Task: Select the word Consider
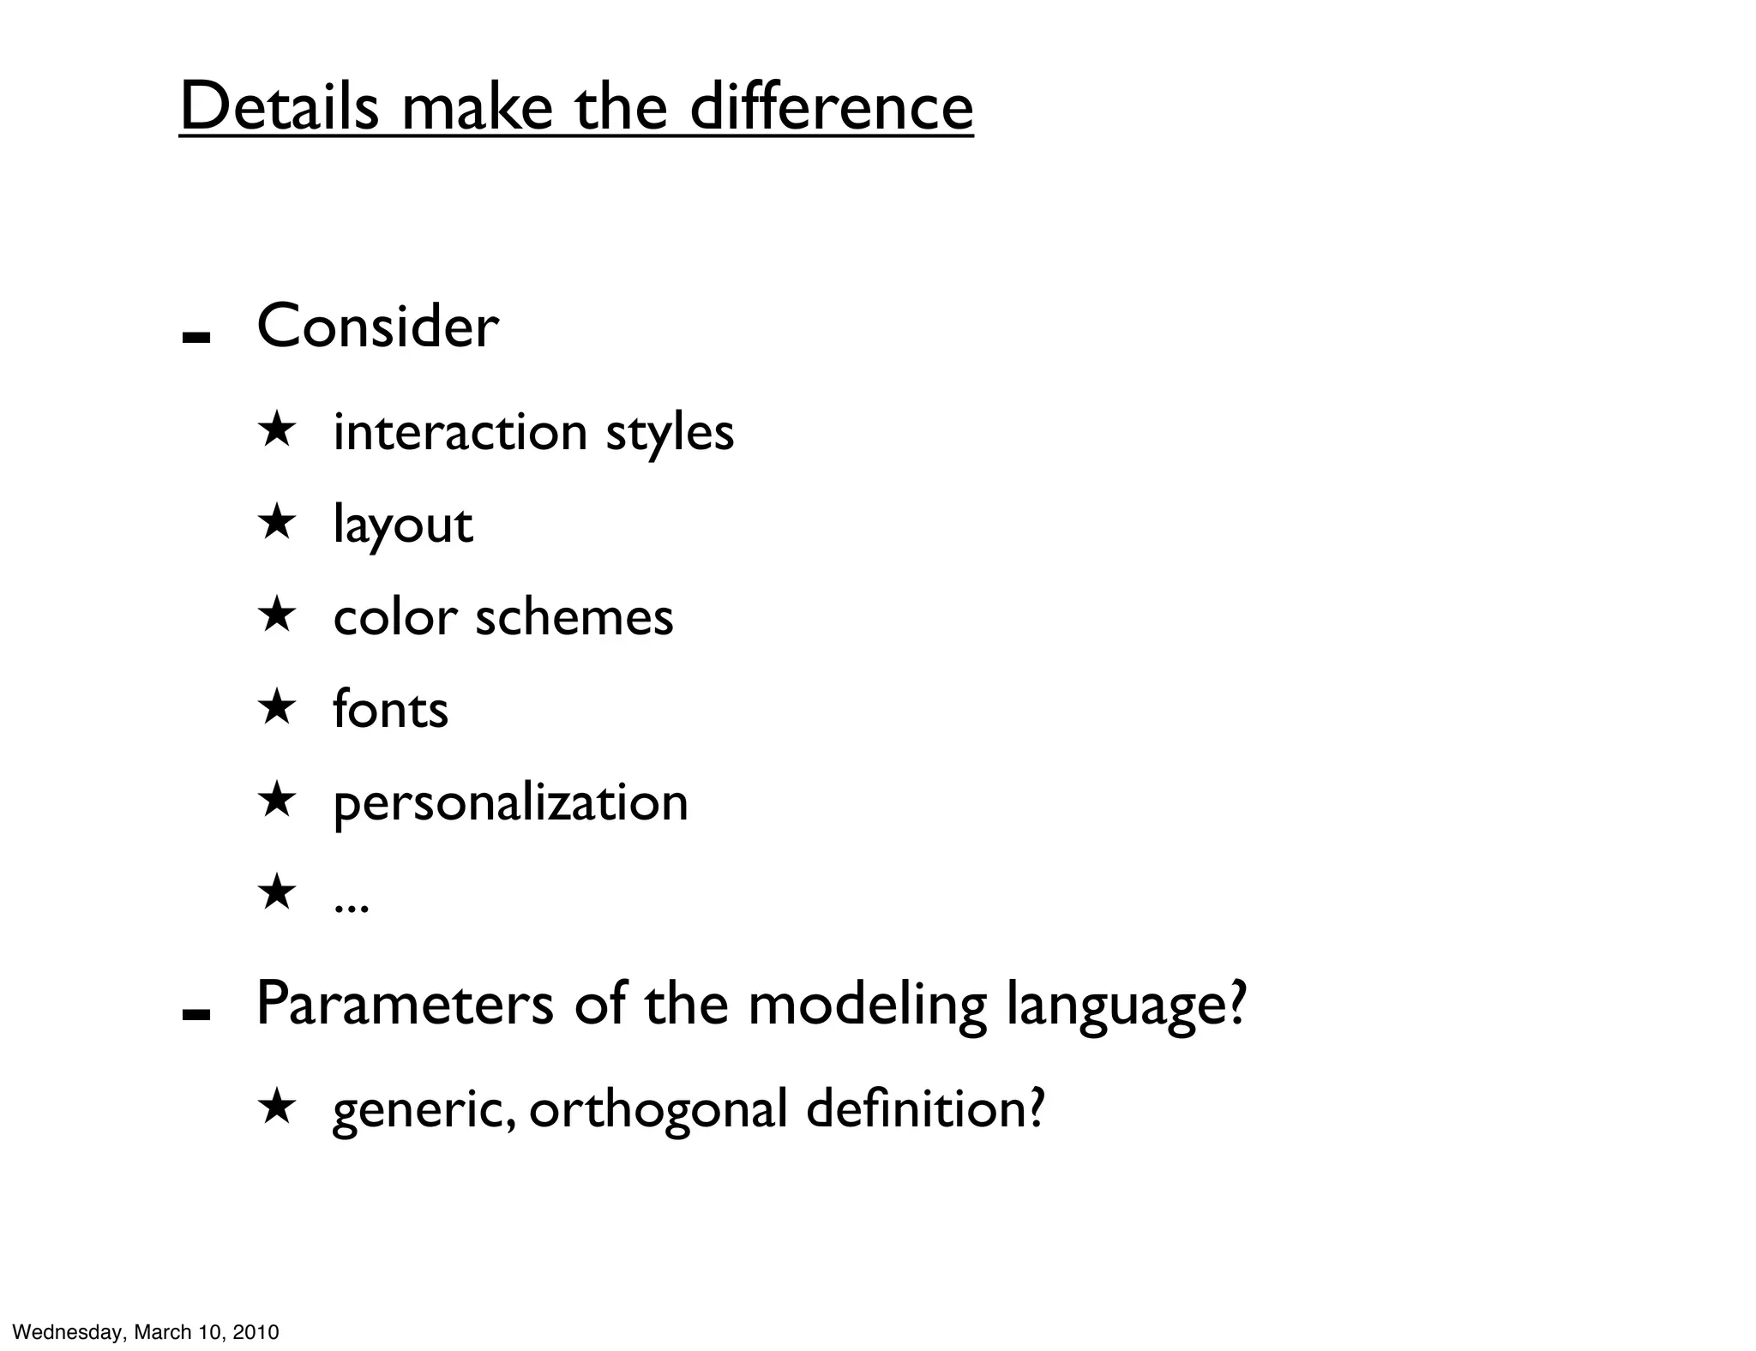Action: pyautogui.click(x=377, y=327)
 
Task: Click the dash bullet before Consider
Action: pyautogui.click(x=196, y=337)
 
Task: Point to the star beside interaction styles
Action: pyautogui.click(x=276, y=429)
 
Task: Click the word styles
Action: pyautogui.click(x=670, y=432)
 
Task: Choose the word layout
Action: pyautogui.click(x=402, y=525)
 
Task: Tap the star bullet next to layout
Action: pyautogui.click(x=276, y=522)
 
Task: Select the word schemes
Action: pyautogui.click(x=574, y=616)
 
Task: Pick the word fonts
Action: pyautogui.click(x=390, y=709)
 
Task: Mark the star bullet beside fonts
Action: pyautogui.click(x=276, y=707)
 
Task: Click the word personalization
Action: pyautogui.click(x=510, y=803)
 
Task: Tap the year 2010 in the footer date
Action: pyautogui.click(x=256, y=1332)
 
